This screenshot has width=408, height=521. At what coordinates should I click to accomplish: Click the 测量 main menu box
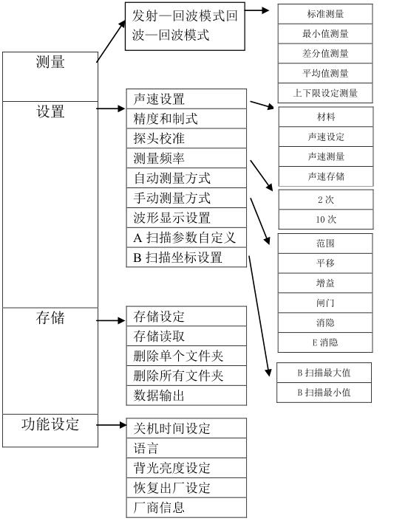point(50,75)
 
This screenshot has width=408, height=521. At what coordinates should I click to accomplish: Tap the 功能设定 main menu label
point(50,425)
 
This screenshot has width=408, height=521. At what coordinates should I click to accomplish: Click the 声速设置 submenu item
point(186,99)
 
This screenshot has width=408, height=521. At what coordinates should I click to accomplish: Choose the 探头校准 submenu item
point(186,139)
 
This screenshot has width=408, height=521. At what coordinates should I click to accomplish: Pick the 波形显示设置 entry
point(186,218)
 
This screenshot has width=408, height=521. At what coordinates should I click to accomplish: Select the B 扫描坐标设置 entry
point(186,258)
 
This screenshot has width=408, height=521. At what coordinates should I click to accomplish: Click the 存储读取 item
point(186,337)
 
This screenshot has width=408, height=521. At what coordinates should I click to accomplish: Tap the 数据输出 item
point(186,396)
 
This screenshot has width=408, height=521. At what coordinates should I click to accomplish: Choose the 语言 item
point(186,448)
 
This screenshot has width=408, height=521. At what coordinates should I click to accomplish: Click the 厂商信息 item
point(186,507)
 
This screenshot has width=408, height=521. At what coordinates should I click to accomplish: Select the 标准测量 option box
point(324,13)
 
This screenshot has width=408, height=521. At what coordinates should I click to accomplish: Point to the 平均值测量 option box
point(324,73)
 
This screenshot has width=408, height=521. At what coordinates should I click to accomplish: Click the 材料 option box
point(324,117)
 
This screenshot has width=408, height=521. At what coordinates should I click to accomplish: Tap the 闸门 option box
point(324,303)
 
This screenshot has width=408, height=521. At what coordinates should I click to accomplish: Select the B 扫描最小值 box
point(324,393)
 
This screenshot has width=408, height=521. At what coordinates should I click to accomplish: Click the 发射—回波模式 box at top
point(185,25)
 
